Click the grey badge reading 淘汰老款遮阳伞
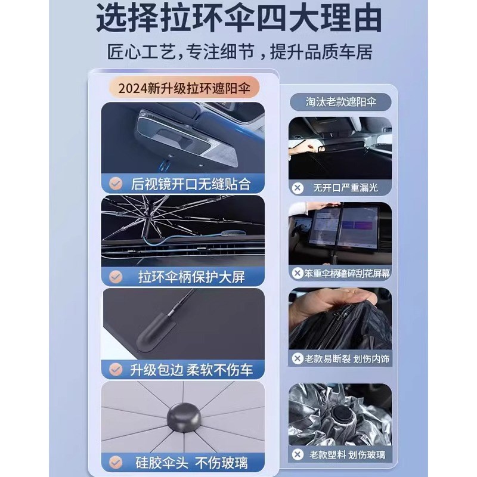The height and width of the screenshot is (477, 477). coord(340,102)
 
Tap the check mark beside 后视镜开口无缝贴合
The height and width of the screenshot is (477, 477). coord(116,182)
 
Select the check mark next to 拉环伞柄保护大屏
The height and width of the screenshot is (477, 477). coord(116,277)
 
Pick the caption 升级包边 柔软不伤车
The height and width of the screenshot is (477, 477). coord(191,370)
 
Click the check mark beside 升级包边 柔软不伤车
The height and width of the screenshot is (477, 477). coord(116,370)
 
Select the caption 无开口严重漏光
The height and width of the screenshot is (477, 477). coord(345,187)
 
